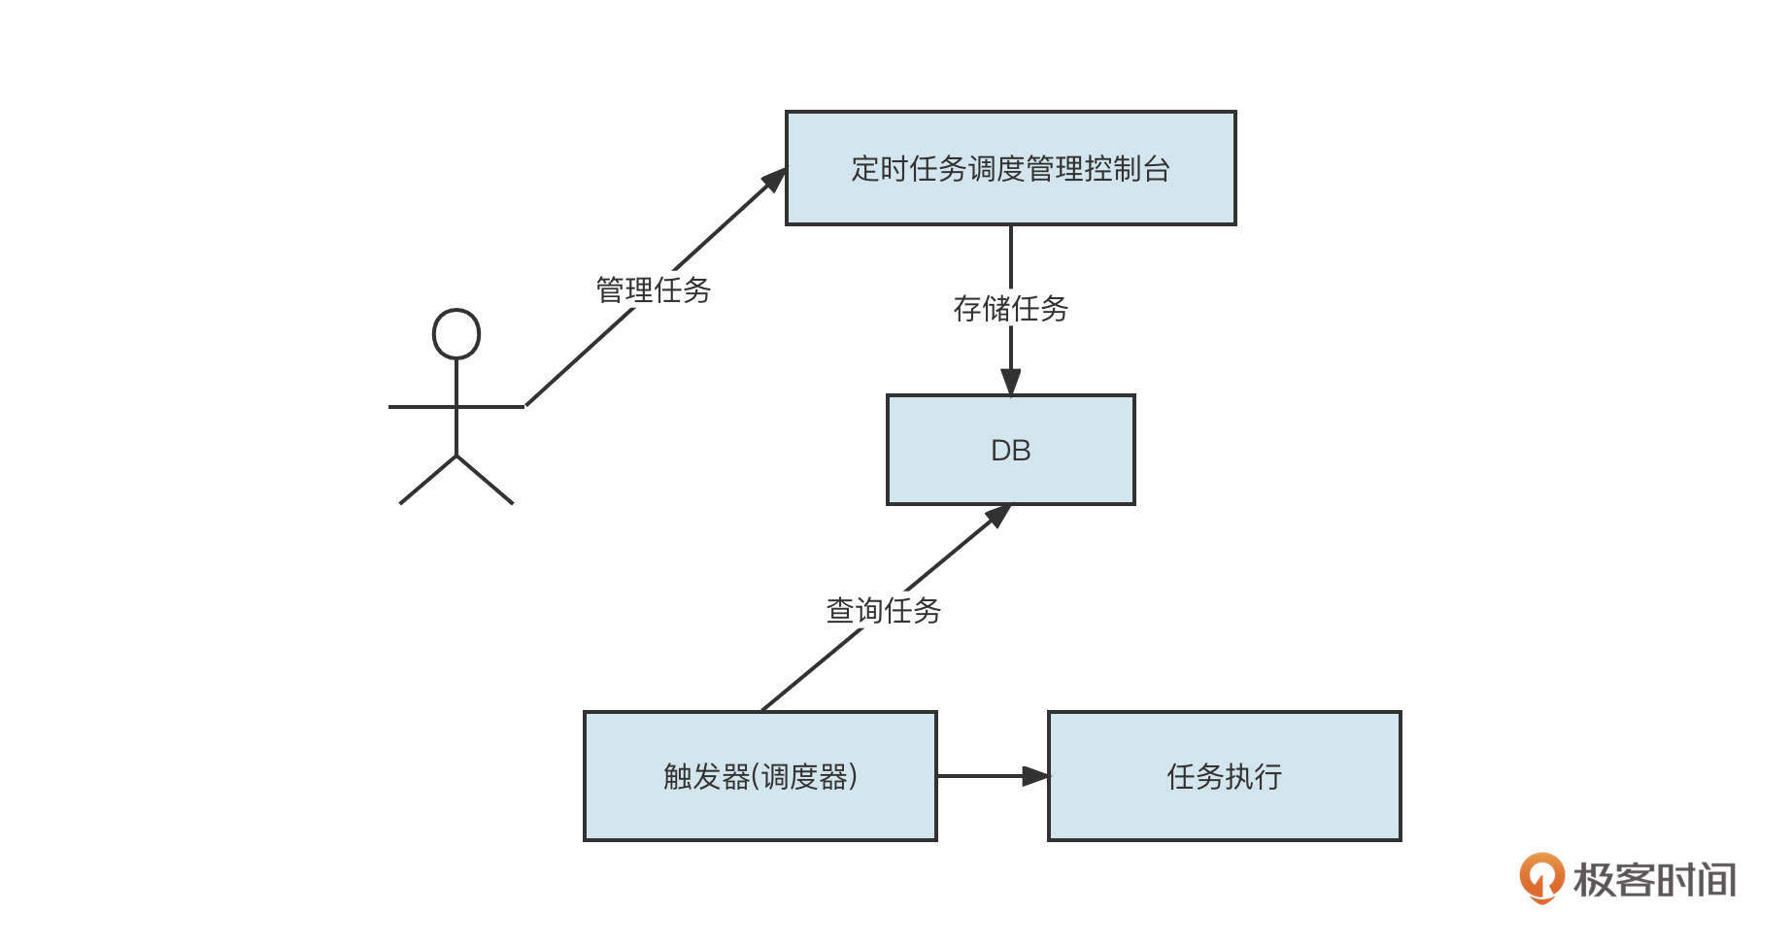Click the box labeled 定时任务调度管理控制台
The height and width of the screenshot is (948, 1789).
(x=1010, y=168)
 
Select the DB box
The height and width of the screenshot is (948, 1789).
(x=1010, y=450)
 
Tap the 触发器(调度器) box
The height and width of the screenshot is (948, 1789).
(x=759, y=776)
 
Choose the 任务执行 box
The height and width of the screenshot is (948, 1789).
(x=1224, y=776)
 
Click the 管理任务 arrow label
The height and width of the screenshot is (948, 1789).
(x=653, y=289)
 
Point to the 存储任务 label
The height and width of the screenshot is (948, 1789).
(x=1010, y=309)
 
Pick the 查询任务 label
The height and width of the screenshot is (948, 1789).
(x=883, y=611)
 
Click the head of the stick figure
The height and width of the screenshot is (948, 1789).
(x=456, y=334)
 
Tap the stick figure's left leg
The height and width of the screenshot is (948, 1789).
(x=427, y=480)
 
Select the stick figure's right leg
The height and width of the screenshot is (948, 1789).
(x=486, y=480)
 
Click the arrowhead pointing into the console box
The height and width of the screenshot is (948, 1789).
(x=775, y=180)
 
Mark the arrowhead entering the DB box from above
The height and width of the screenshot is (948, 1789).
(x=1010, y=382)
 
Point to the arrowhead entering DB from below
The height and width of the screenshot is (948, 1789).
(x=998, y=515)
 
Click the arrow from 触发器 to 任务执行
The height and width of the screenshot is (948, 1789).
(x=991, y=776)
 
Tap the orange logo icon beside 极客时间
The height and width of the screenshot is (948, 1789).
(x=1541, y=877)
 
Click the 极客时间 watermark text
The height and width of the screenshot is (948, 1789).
(x=1654, y=880)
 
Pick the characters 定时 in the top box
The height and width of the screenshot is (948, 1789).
(x=880, y=168)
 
